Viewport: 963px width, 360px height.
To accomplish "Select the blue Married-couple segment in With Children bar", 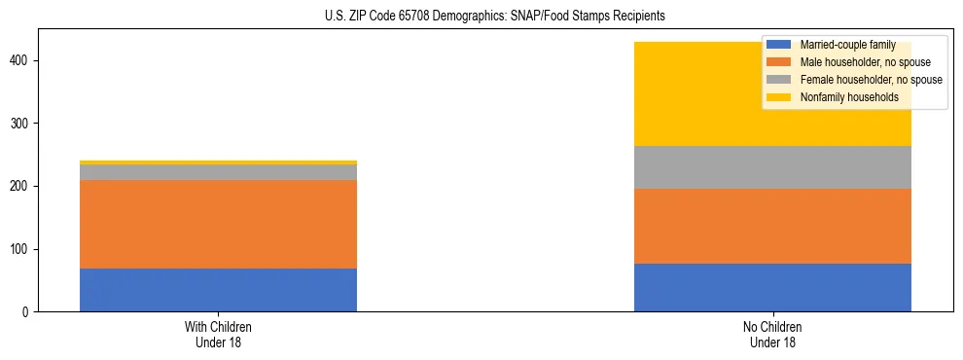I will [218, 290].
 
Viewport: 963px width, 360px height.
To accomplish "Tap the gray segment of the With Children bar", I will [218, 172].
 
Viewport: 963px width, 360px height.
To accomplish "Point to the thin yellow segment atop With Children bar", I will [218, 162].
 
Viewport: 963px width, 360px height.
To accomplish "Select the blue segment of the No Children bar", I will [772, 288].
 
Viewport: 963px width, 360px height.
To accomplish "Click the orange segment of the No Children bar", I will [772, 226].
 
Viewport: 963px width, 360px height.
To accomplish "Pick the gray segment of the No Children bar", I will [772, 167].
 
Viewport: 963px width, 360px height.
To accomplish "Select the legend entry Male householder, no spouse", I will [857, 62].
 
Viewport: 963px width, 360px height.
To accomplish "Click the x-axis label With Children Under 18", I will [218, 334].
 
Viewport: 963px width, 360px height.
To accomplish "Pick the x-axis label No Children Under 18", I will [772, 334].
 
